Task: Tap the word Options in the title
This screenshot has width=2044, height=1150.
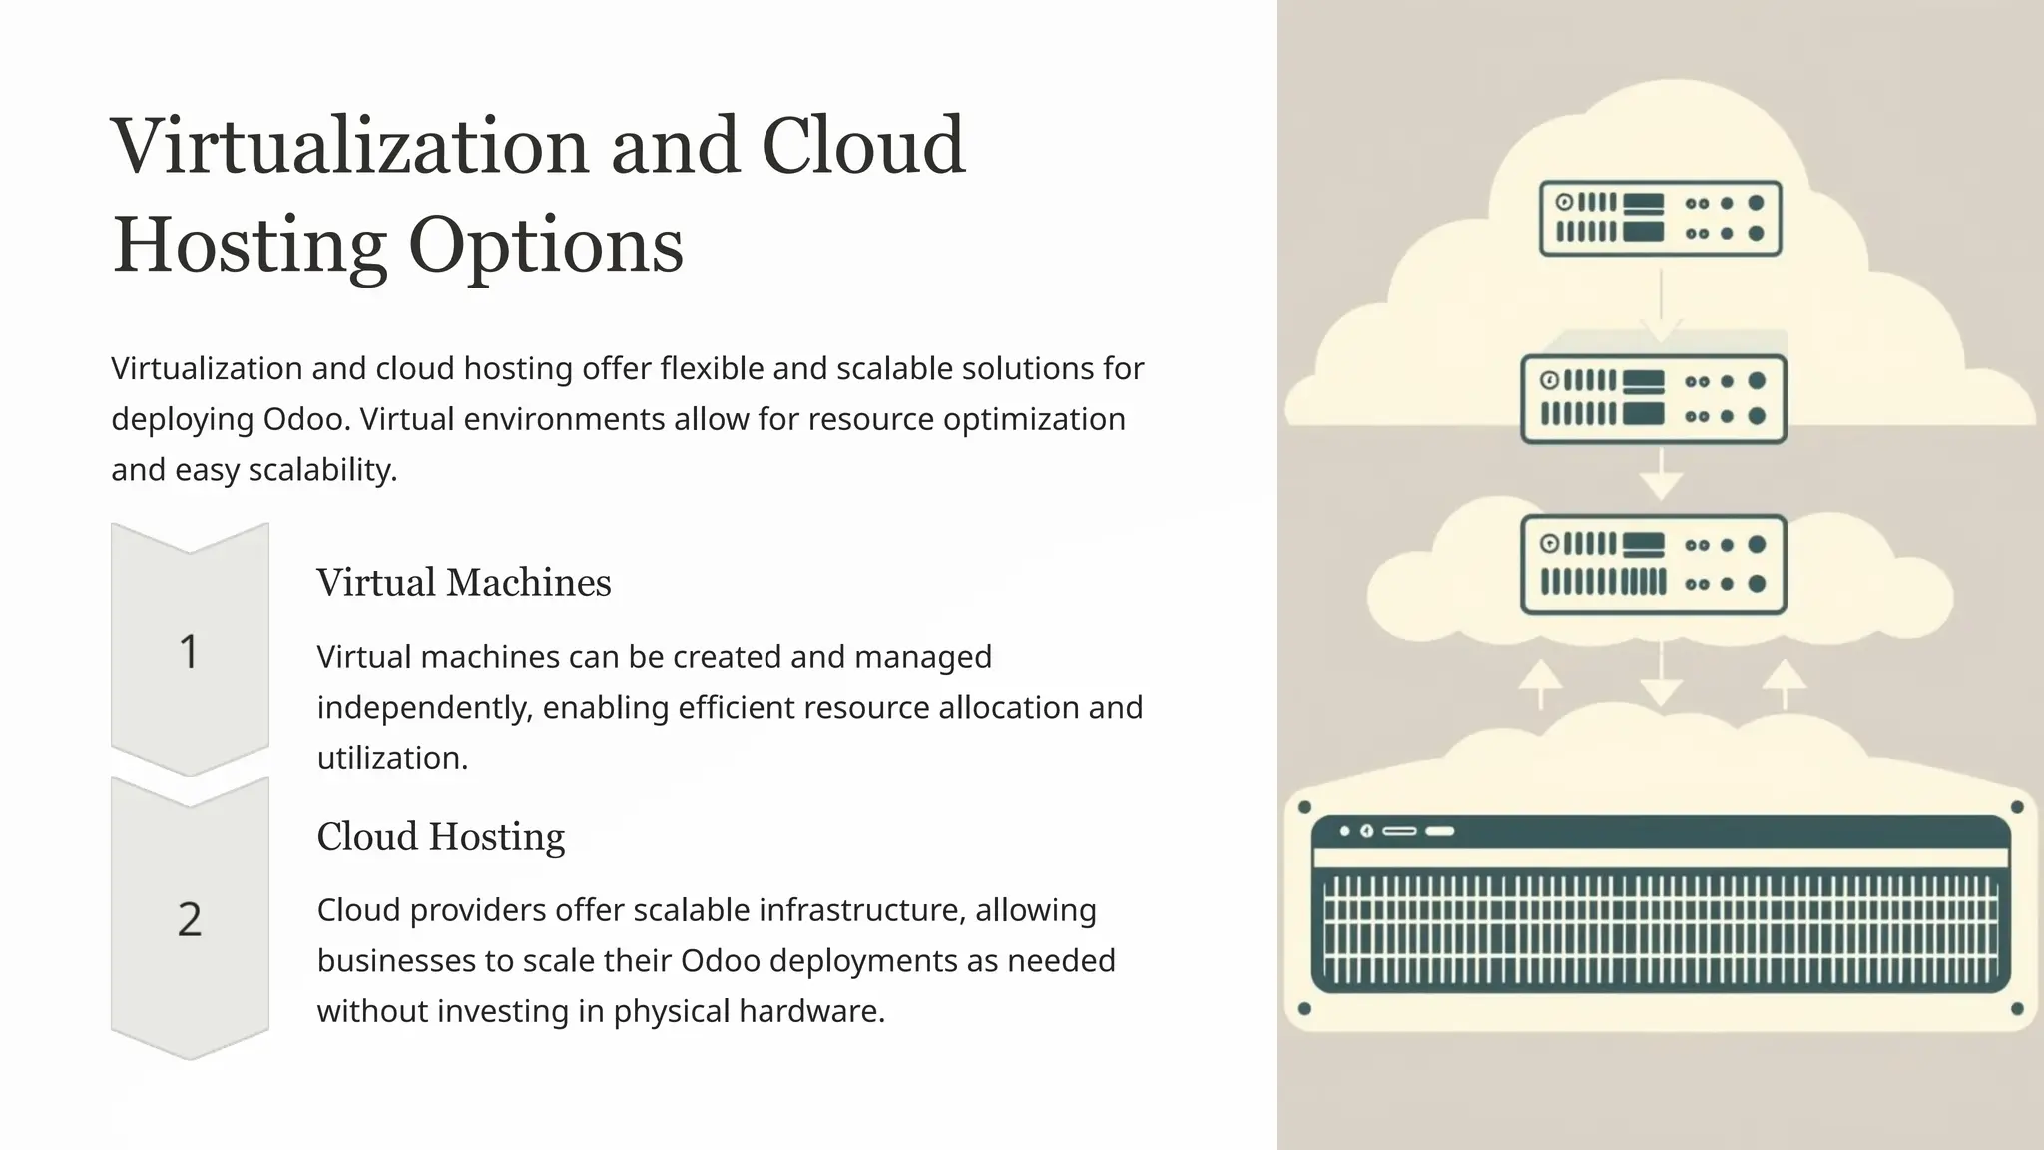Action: pos(546,246)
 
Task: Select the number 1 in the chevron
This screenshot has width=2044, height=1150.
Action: pos(189,652)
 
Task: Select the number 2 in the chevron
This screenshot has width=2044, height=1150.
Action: pos(190,919)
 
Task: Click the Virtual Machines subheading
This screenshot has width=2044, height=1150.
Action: pos(463,583)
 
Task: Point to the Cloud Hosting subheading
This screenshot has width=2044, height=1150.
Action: pos(440,837)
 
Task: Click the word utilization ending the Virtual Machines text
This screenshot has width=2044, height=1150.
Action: pos(391,758)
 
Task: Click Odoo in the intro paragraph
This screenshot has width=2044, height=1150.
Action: pos(306,419)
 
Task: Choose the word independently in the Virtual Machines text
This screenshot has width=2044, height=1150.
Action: pos(424,708)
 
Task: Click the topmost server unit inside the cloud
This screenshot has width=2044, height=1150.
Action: pos(1660,219)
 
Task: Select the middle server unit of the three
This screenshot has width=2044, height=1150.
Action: pos(1654,399)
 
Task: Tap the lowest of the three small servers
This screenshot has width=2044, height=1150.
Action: pos(1654,564)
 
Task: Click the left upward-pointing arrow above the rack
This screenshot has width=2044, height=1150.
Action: pos(1540,681)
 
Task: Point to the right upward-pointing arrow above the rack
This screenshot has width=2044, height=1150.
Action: pos(1785,681)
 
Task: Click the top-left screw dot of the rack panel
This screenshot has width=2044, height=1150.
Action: pos(1304,807)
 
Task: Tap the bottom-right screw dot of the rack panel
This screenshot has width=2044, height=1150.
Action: pos(2017,1009)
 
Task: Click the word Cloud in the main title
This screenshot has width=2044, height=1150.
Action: pos(863,147)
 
